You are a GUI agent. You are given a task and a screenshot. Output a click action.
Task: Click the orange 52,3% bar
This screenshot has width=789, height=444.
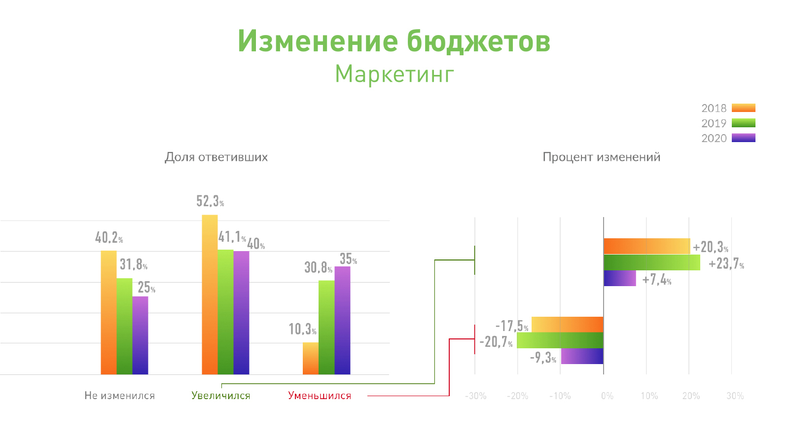210,295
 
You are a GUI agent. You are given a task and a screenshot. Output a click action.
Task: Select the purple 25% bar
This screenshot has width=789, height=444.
140,335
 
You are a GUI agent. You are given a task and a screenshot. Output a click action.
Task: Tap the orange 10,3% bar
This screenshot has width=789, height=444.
311,358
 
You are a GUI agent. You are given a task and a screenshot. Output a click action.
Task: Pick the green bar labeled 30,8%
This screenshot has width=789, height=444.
326,328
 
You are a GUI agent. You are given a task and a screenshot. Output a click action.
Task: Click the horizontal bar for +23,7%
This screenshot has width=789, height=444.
652,262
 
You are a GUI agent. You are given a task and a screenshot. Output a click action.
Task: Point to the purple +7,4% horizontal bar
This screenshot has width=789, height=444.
620,278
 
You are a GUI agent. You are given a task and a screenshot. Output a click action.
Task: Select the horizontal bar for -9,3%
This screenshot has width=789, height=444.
582,356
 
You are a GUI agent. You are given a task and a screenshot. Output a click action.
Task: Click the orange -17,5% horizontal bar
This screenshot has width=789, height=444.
568,325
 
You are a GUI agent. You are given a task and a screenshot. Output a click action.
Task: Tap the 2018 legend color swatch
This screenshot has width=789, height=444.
744,108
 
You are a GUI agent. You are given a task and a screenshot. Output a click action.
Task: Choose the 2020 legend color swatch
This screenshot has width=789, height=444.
744,138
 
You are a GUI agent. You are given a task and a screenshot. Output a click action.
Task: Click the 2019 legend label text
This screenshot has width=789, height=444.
714,123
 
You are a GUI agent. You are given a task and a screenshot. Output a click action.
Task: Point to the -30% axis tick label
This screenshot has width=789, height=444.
475,396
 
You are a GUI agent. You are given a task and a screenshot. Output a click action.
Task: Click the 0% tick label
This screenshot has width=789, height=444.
607,396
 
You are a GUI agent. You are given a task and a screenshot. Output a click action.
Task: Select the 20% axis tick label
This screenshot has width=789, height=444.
691,396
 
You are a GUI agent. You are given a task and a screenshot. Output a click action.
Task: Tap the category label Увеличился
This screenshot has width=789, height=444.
221,396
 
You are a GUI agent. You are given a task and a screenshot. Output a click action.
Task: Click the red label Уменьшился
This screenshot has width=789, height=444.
320,396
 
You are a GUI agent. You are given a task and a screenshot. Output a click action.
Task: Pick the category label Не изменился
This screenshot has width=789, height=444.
120,396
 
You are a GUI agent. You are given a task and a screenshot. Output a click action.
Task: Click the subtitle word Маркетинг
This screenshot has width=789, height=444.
394,74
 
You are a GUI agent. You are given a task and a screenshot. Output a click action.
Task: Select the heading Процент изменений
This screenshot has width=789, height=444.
601,157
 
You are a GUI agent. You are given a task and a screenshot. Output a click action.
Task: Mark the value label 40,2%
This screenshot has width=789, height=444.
109,237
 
